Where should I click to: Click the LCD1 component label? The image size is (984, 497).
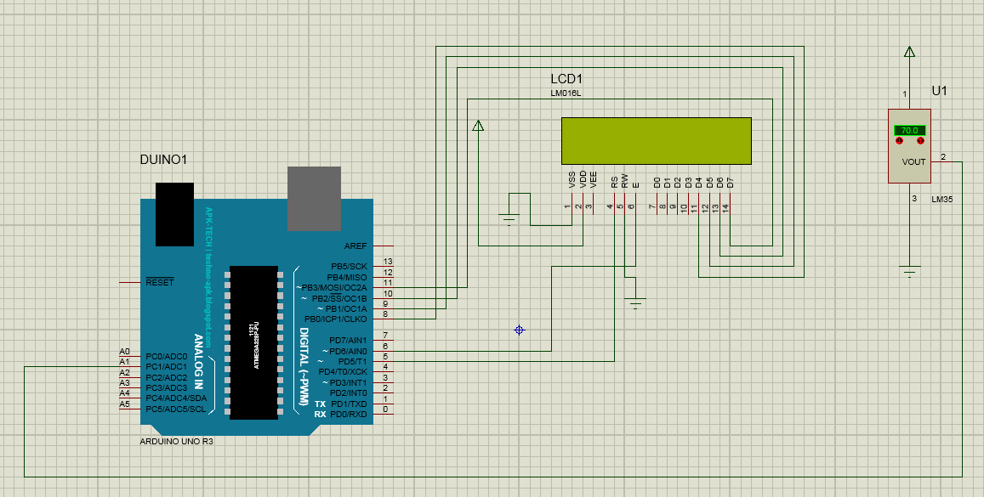click(x=566, y=79)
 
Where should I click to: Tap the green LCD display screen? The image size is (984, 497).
click(x=656, y=140)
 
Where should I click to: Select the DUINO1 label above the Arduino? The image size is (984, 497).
click(x=162, y=160)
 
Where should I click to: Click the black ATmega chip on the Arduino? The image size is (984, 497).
click(x=253, y=342)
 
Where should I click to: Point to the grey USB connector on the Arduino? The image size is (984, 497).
click(x=314, y=198)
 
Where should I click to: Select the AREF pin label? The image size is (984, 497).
click(x=355, y=245)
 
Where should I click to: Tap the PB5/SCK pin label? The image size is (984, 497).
click(x=349, y=266)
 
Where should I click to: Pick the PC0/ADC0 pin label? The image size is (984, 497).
click(x=166, y=356)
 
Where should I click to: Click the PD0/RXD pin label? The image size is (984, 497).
click(x=349, y=414)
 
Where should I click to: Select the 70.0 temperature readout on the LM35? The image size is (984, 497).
click(x=909, y=131)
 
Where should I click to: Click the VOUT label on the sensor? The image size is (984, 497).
click(x=913, y=161)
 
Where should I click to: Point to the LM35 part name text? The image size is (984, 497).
click(x=942, y=200)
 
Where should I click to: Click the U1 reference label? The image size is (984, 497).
click(x=939, y=91)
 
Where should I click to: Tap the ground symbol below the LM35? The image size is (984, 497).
click(x=910, y=272)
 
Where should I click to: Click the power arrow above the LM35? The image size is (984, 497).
click(x=910, y=52)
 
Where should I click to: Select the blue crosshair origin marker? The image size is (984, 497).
click(x=519, y=330)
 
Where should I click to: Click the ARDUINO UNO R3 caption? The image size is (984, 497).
click(x=176, y=442)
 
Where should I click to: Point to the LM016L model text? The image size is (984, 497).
click(x=566, y=93)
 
